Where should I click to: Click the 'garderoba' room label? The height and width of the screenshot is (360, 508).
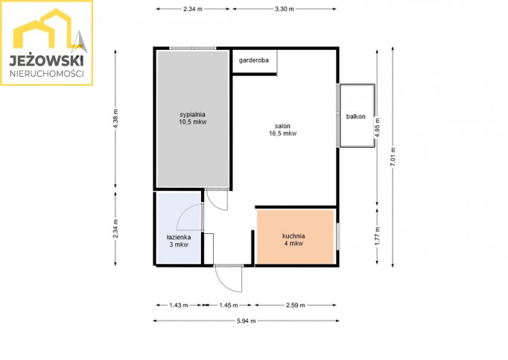[x=254, y=60]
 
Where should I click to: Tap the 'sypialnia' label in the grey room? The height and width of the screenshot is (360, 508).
[x=192, y=115]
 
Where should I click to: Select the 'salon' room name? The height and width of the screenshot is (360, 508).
[x=282, y=126]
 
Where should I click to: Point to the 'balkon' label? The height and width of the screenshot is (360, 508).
[x=356, y=116]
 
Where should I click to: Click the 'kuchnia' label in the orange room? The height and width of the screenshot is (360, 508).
[x=293, y=236]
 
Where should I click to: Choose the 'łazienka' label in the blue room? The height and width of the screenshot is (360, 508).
[x=179, y=238]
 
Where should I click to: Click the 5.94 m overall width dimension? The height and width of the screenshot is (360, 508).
[x=247, y=320]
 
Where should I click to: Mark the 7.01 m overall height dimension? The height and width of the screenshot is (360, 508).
[x=393, y=157]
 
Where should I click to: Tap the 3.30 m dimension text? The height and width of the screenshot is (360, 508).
[x=285, y=9]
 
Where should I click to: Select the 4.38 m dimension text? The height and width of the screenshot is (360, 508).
[x=115, y=119]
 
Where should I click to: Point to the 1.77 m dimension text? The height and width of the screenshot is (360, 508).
[x=378, y=236]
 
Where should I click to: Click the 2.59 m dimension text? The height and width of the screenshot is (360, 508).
[x=296, y=305]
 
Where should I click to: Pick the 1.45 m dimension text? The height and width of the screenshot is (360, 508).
[x=229, y=305]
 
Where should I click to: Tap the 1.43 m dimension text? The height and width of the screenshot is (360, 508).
[x=179, y=305]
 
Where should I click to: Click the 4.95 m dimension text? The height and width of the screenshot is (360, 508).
[x=378, y=127]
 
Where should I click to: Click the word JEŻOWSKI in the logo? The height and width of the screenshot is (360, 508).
[x=46, y=60]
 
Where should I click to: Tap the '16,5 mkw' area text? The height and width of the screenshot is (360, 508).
[x=282, y=133]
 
